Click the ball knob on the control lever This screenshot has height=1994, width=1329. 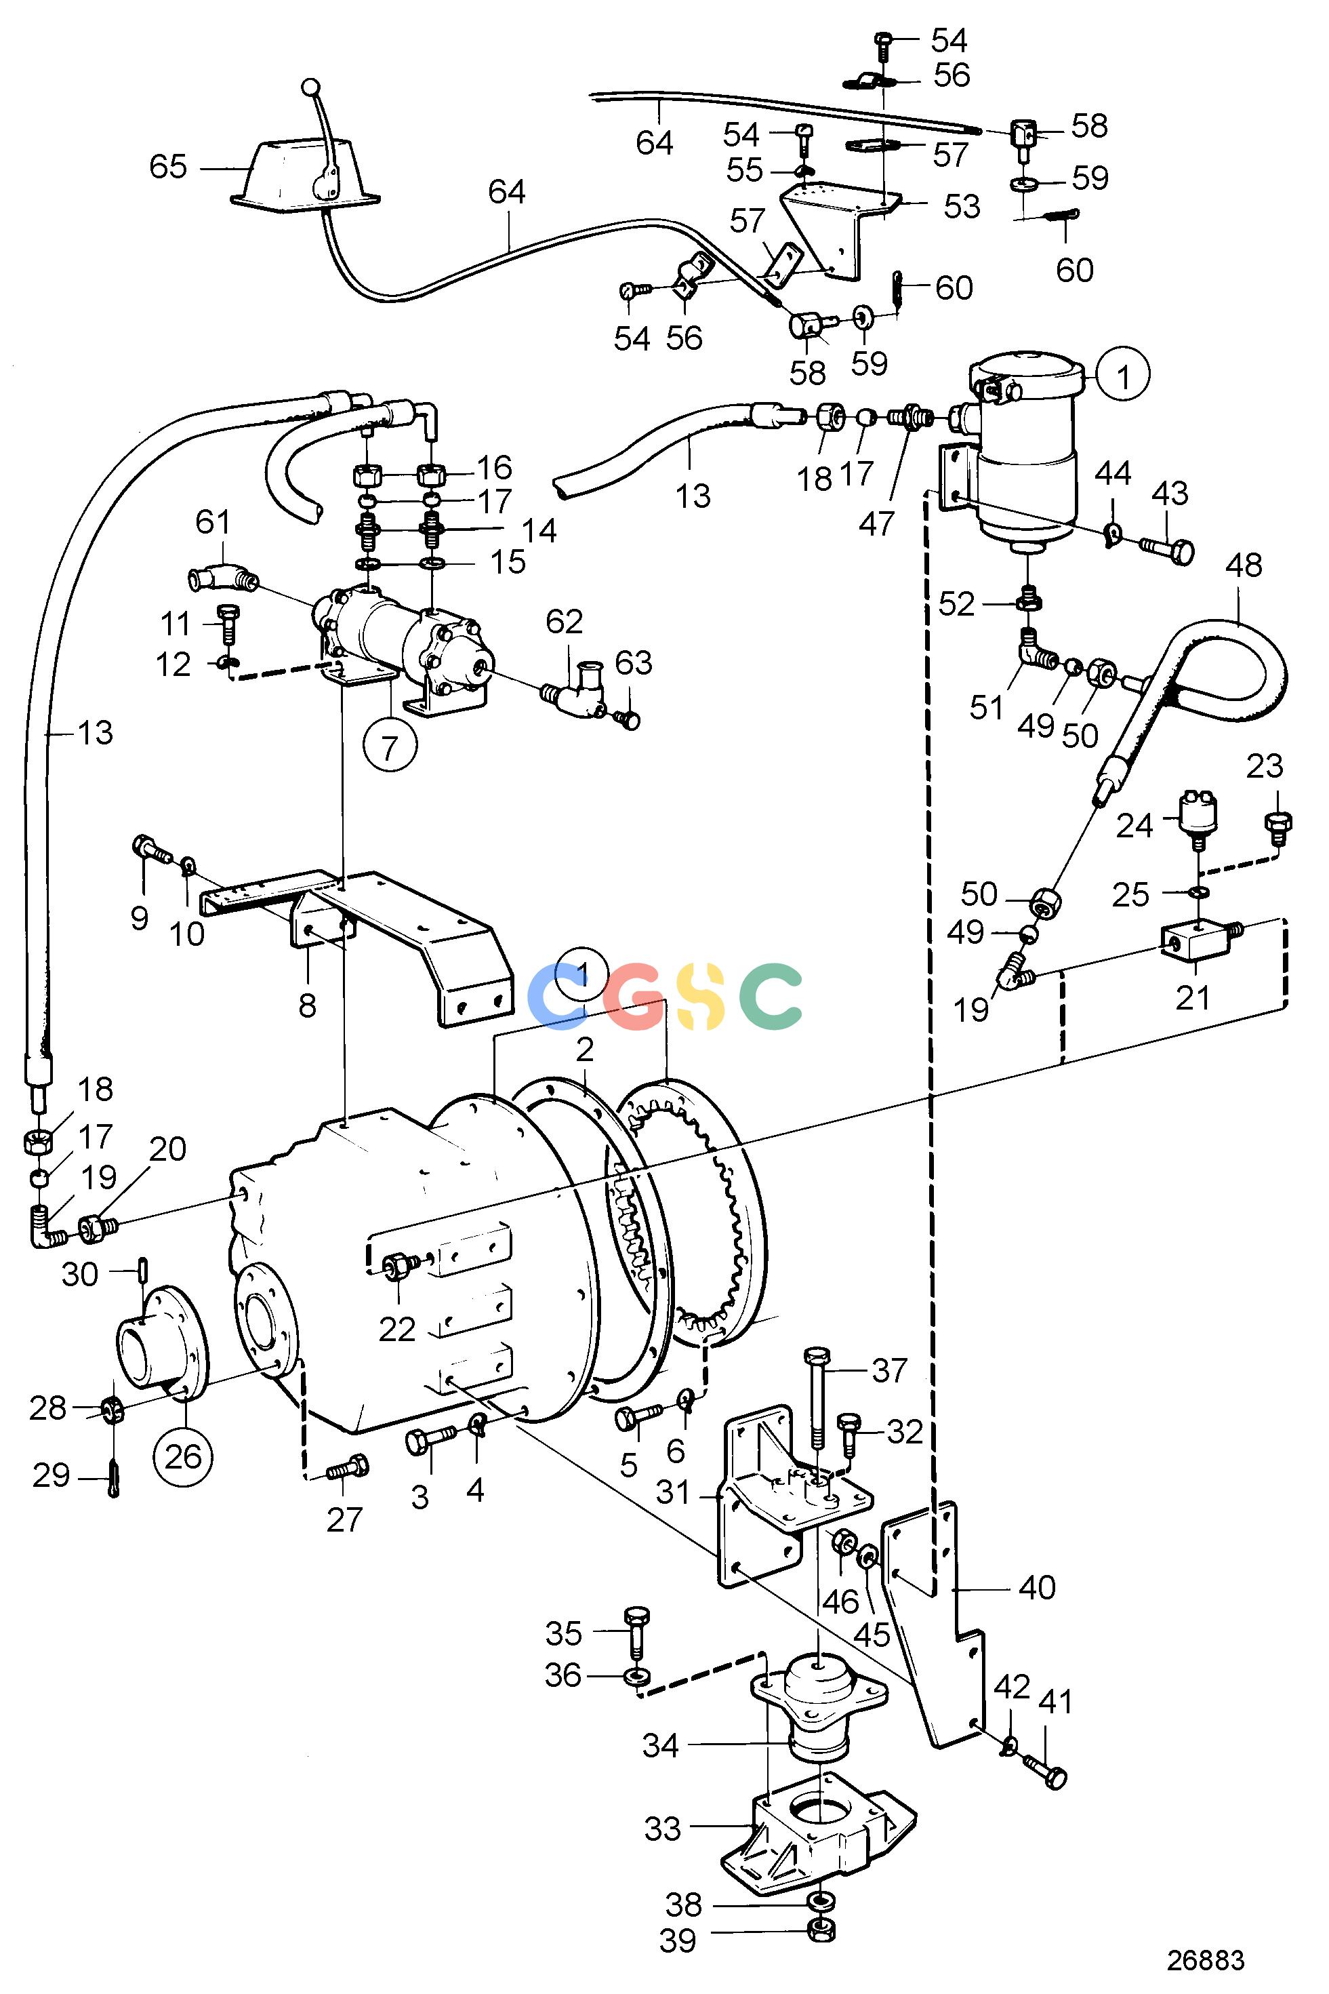pos(311,87)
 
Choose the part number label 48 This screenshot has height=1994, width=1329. pos(1244,565)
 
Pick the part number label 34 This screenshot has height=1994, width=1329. pos(660,1746)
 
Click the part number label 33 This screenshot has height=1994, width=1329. pos(662,1829)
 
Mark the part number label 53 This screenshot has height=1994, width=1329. pos(962,206)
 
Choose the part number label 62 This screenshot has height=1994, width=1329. pos(565,622)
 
